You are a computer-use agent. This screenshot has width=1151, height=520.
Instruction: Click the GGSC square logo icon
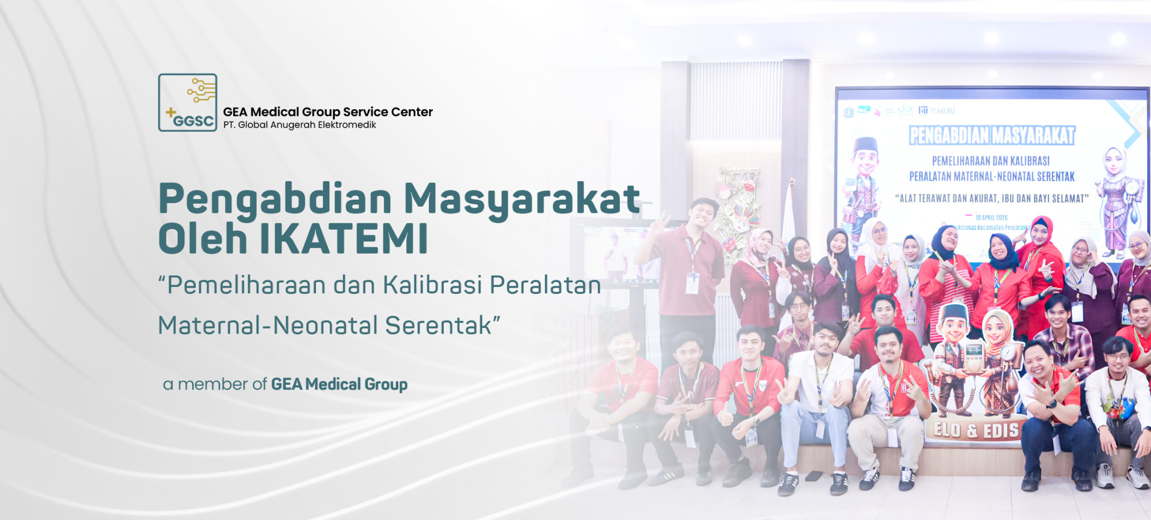click(x=188, y=102)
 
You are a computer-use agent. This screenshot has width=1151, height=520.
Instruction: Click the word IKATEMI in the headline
click(x=344, y=239)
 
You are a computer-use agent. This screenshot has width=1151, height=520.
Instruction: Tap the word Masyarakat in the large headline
click(x=521, y=199)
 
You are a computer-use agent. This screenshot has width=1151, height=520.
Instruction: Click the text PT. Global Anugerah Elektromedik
click(x=299, y=125)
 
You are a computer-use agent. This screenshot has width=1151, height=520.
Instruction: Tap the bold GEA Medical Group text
click(x=339, y=384)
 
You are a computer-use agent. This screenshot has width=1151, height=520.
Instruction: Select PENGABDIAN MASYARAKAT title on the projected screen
click(x=992, y=136)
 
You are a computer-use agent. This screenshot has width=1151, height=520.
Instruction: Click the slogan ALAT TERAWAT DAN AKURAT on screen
click(x=992, y=198)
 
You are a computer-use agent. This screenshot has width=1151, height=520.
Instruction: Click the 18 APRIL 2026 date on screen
click(x=992, y=217)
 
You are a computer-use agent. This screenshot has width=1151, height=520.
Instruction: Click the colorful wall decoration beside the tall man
click(x=737, y=207)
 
